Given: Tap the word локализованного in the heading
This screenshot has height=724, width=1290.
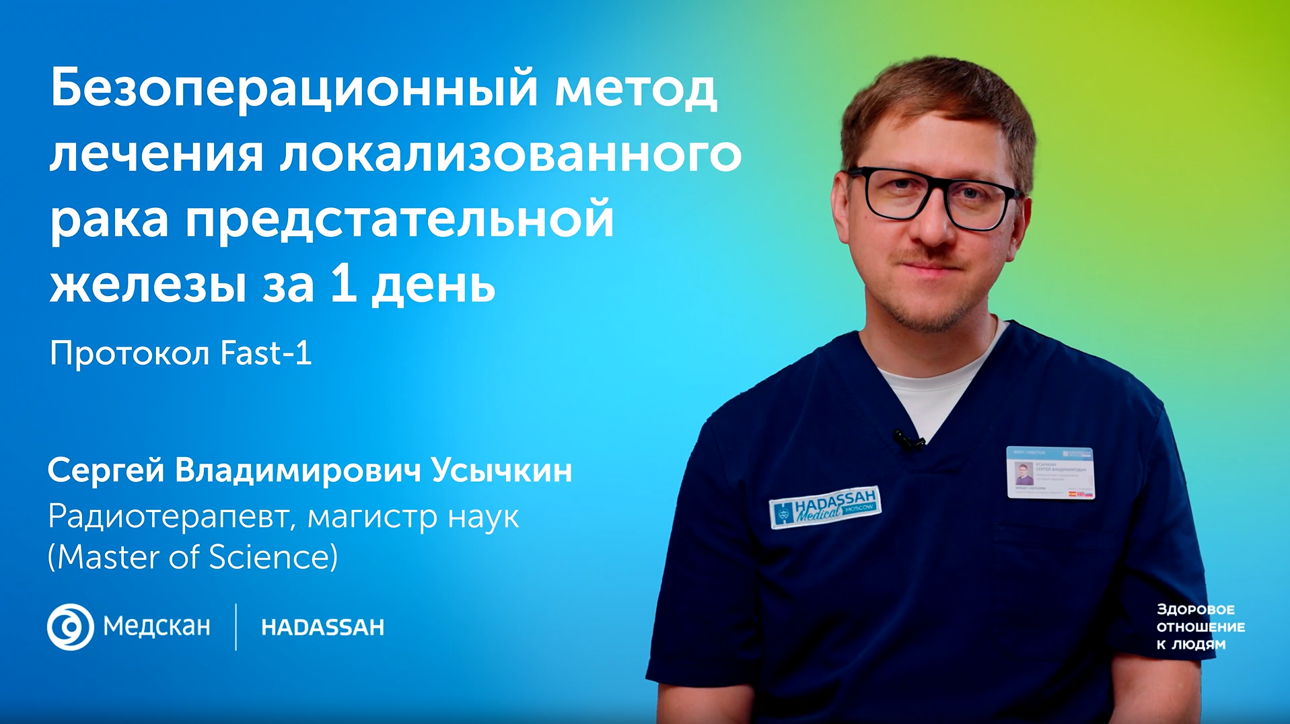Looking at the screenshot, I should click(511, 155).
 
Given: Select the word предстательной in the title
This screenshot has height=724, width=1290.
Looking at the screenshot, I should click(400, 219).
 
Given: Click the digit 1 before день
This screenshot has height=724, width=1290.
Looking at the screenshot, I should click(343, 284).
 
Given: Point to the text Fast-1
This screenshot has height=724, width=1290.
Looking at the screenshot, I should click(266, 353).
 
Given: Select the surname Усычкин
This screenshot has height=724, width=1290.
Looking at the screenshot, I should click(501, 470).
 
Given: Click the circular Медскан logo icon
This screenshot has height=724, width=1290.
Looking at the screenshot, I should click(70, 627).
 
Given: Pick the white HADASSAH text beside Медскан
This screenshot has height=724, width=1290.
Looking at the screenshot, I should click(322, 628).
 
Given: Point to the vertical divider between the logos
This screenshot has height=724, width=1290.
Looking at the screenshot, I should click(236, 627).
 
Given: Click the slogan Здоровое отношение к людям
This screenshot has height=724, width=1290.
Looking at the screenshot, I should click(1200, 627).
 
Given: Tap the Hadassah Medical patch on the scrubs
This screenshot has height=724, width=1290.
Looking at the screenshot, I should click(825, 507).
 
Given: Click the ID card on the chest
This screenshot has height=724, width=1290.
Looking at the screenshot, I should click(1050, 472).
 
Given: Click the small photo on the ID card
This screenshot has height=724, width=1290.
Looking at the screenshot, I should click(1024, 474).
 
